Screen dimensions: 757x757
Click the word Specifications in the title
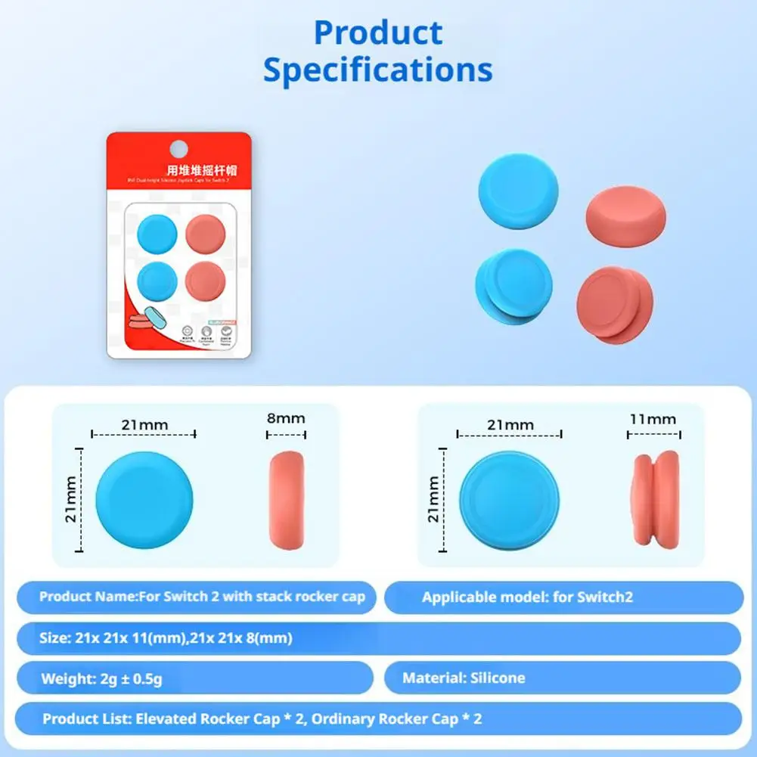[x=377, y=70]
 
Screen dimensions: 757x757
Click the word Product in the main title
[x=377, y=33]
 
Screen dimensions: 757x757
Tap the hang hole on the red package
[x=177, y=146]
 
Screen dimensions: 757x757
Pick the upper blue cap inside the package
[x=156, y=232]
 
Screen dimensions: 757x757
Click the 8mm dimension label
[x=286, y=418]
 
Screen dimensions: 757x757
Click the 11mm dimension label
[x=653, y=418]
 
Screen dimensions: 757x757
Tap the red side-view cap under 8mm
[x=287, y=501]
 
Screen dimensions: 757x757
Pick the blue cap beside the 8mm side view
[x=144, y=501]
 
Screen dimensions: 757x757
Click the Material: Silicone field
[x=463, y=678]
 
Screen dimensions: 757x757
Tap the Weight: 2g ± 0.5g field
[x=101, y=678]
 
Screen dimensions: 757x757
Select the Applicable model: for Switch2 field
[x=527, y=597]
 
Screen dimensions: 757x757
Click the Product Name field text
[x=202, y=597]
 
